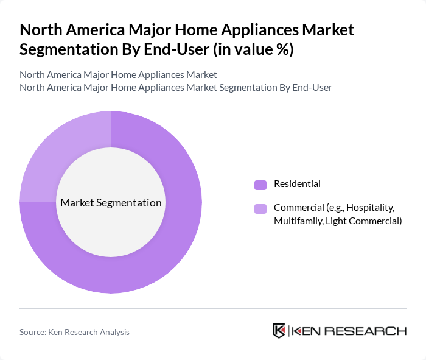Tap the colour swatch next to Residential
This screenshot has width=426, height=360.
[260, 185]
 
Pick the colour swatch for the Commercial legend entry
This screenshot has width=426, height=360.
[260, 209]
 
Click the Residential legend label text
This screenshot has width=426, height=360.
[297, 184]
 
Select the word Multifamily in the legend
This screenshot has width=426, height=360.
[298, 221]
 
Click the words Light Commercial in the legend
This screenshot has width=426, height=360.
[363, 221]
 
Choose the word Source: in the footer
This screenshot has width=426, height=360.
[34, 332]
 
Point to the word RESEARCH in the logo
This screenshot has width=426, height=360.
[372, 331]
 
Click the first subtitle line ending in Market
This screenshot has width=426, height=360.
[118, 75]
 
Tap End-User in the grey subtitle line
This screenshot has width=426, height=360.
[312, 87]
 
